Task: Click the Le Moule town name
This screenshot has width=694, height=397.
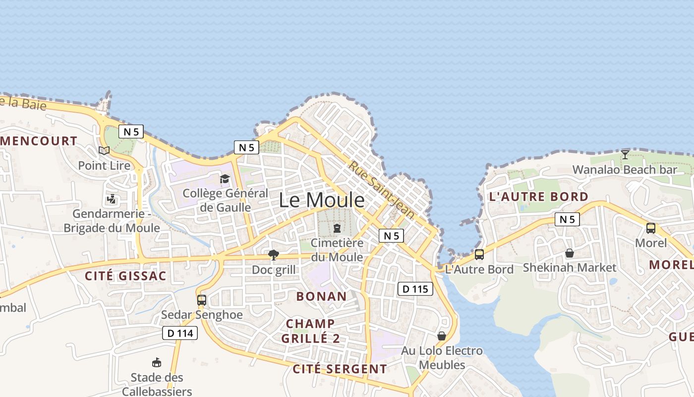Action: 321,200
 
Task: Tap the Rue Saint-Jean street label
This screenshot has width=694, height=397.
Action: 381,189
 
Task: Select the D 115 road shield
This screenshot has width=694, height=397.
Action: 415,289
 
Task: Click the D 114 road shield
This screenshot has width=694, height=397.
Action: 180,333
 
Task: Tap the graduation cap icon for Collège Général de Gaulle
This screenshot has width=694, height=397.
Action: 225,179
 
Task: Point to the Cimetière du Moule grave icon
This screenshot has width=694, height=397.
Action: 337,228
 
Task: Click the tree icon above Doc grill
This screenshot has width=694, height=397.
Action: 273,255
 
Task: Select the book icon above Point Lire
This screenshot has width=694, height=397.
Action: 104,150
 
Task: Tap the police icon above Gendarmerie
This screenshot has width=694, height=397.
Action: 112,199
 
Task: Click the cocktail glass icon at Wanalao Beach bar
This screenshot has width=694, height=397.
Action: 625,155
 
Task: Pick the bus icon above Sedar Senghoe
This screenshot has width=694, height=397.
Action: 202,300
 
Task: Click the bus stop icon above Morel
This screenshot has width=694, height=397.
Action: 651,228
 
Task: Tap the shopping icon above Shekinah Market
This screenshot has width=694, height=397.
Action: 570,253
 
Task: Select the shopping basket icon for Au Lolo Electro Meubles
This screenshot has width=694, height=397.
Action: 442,336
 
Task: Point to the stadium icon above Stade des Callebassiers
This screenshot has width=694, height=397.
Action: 157,363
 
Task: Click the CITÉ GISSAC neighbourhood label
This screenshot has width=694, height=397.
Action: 125,276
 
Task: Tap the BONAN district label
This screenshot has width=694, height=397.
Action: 321,297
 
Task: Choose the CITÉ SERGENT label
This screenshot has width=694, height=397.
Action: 340,369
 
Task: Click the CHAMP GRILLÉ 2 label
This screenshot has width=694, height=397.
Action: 310,331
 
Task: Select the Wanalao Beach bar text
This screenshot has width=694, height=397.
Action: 625,170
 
